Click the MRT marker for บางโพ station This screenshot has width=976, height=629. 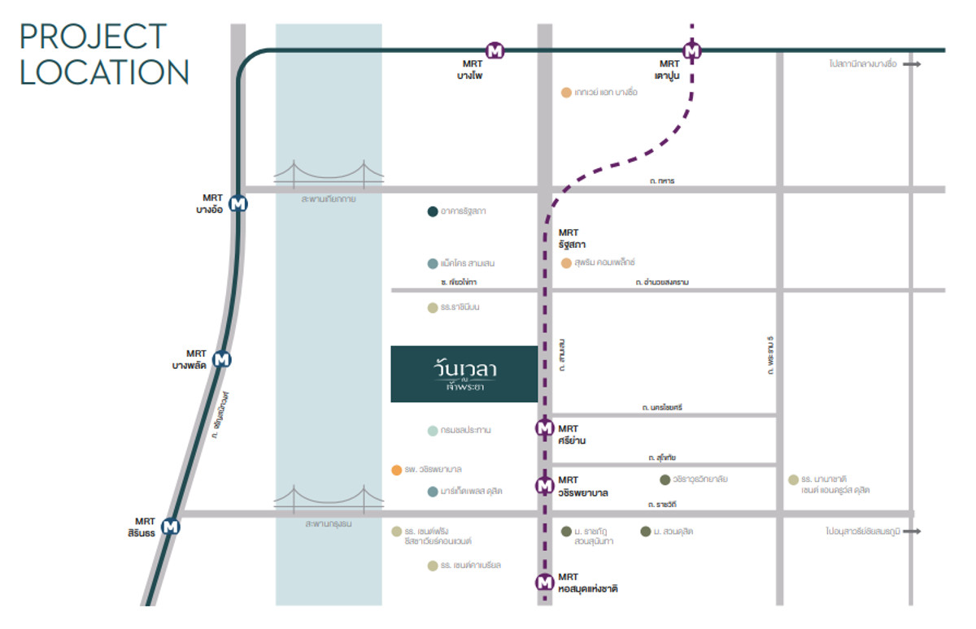pyautogui.click(x=495, y=51)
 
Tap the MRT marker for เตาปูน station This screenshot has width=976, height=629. pyautogui.click(x=693, y=51)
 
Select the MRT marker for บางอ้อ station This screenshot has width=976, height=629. pyautogui.click(x=237, y=203)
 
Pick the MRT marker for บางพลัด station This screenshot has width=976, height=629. pyautogui.click(x=221, y=359)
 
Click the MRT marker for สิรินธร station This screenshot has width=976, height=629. pyautogui.click(x=171, y=527)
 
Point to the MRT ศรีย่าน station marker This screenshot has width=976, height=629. pyautogui.click(x=544, y=428)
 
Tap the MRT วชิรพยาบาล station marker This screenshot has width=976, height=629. pyautogui.click(x=544, y=486)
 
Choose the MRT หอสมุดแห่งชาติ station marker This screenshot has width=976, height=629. pyautogui.click(x=544, y=583)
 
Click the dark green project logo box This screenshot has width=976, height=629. pyautogui.click(x=464, y=374)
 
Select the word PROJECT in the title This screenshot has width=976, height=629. pyautogui.click(x=93, y=37)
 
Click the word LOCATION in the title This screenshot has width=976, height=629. pyautogui.click(x=104, y=72)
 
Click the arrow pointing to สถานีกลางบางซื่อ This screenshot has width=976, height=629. pyautogui.click(x=912, y=64)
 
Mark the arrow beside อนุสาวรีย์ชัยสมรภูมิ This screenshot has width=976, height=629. pyautogui.click(x=912, y=531)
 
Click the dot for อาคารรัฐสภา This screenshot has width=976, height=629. pyautogui.click(x=433, y=212)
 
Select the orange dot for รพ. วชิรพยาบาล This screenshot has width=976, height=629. pyautogui.click(x=396, y=470)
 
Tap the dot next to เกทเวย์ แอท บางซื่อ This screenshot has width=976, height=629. pyautogui.click(x=566, y=93)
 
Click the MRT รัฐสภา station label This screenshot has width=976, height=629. pyautogui.click(x=572, y=238)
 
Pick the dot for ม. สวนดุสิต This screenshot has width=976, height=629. pyautogui.click(x=645, y=531)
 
